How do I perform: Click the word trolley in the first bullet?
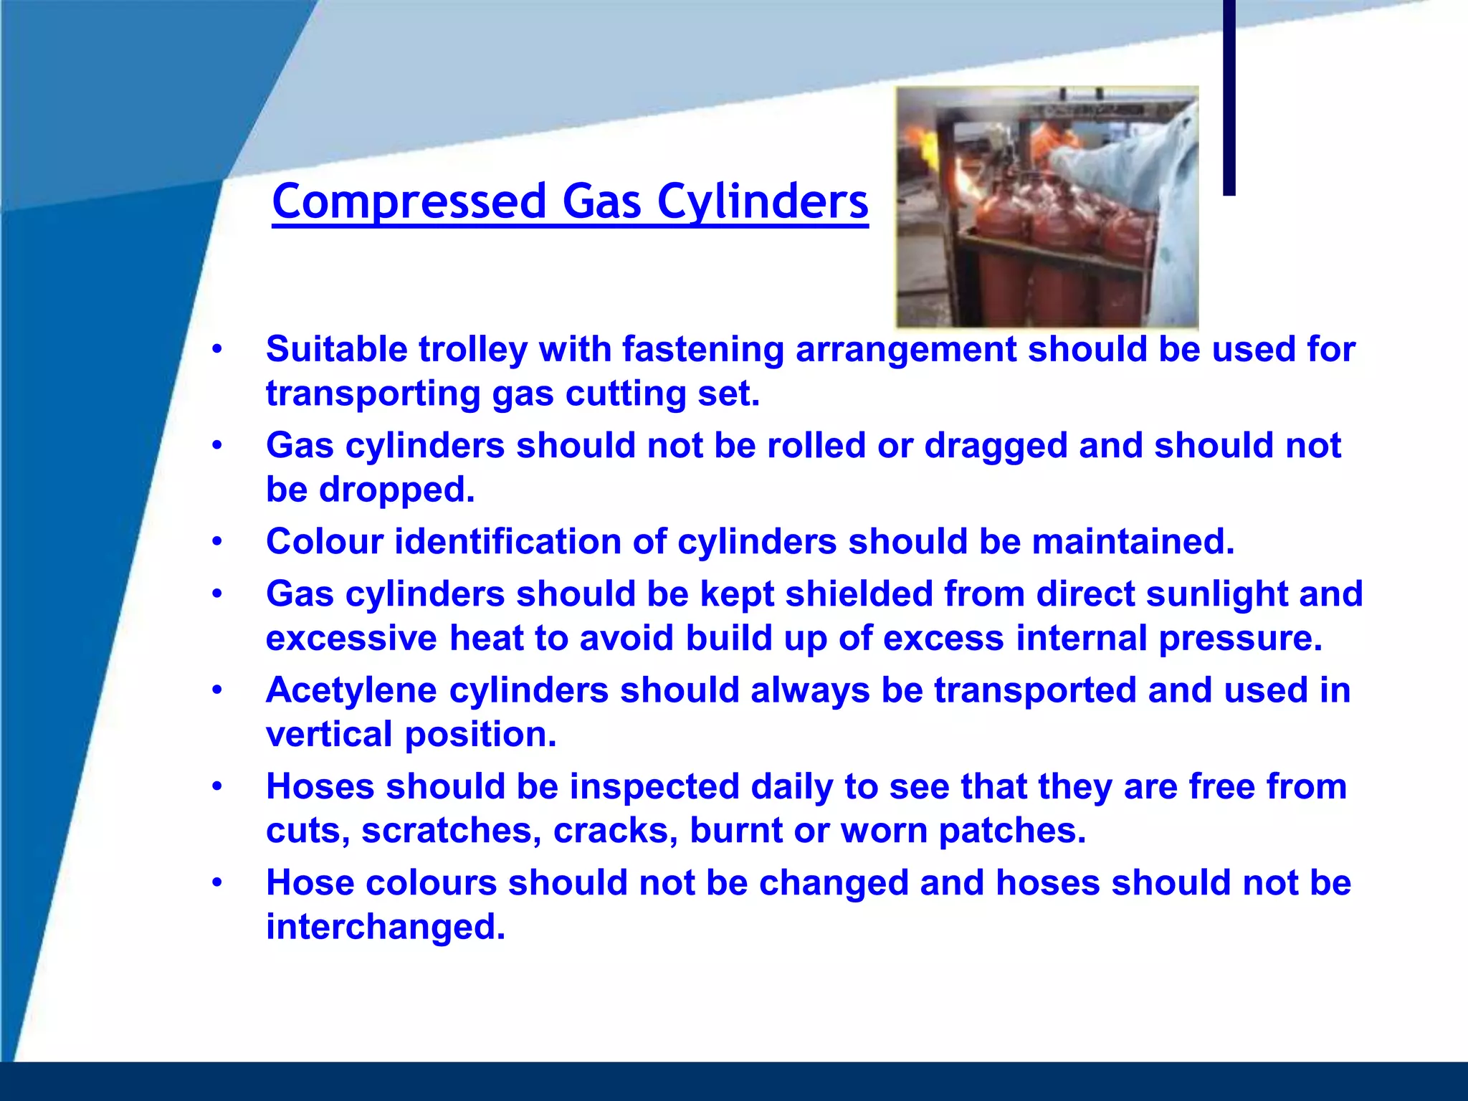tap(473, 350)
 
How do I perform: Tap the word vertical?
tap(330, 735)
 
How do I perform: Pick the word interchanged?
tap(385, 927)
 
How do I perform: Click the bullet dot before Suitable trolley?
tap(217, 350)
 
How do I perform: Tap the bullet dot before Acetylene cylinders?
tap(217, 690)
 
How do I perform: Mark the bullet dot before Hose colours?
tap(217, 883)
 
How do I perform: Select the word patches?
tap(1012, 831)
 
